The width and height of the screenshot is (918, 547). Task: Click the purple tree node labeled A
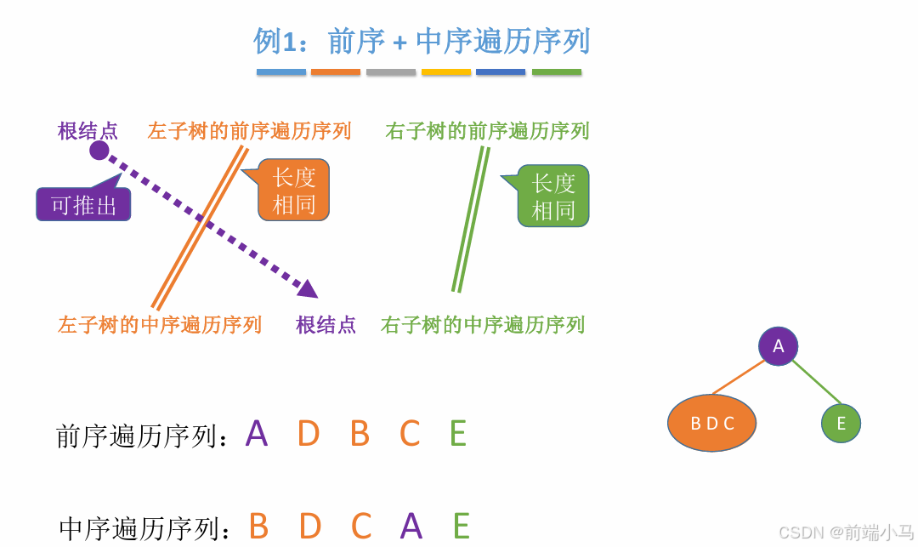[x=778, y=346]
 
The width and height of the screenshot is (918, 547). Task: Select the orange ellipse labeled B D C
[x=711, y=423]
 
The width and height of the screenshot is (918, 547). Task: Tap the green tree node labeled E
[x=841, y=423]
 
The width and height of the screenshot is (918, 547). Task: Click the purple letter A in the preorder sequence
[x=257, y=434]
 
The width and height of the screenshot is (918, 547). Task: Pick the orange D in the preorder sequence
[x=309, y=434]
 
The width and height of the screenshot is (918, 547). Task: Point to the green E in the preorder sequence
[x=458, y=434]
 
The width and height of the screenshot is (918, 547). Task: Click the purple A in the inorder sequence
[x=411, y=527]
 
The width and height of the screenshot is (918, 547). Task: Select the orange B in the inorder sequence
[x=258, y=527]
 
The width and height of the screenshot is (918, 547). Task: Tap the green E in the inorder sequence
[x=462, y=527]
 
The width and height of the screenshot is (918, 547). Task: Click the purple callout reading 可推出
[x=83, y=205]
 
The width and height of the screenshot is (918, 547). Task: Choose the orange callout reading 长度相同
[x=293, y=191]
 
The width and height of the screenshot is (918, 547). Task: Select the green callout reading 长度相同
[x=553, y=197]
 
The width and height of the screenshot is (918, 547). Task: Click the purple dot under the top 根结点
[x=99, y=151]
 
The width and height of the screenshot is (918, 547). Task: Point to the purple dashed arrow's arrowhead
[x=309, y=288]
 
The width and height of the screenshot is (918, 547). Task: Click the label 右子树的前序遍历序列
[x=487, y=131]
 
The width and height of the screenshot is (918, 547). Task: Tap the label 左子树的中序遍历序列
[x=160, y=325]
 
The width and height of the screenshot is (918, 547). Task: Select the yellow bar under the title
[x=446, y=72]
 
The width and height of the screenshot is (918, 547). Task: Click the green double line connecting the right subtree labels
[x=471, y=219]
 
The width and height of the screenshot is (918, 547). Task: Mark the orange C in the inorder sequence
[x=361, y=527]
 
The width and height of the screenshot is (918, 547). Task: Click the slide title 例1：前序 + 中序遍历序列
[x=422, y=41]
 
